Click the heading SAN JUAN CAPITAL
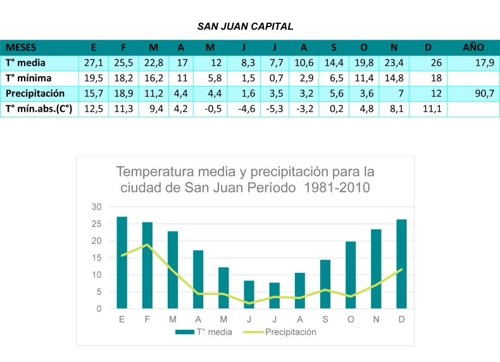(x=245, y=27)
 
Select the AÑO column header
(x=473, y=47)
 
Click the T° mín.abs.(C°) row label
(x=39, y=108)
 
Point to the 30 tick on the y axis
(x=96, y=207)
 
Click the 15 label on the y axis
(x=96, y=258)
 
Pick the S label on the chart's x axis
(x=325, y=319)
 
